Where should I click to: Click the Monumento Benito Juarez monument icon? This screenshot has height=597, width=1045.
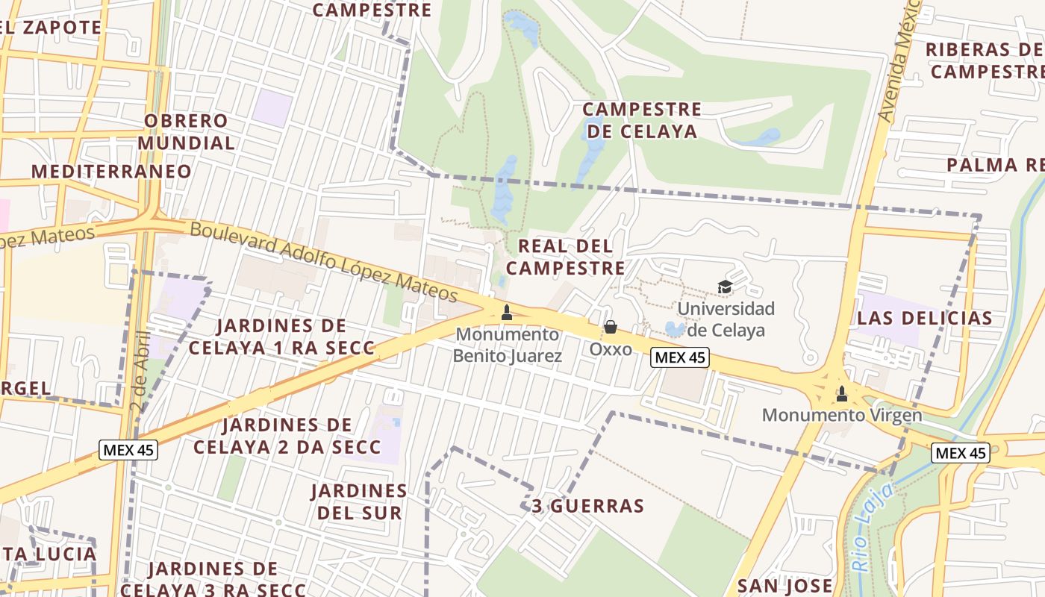(x=507, y=313)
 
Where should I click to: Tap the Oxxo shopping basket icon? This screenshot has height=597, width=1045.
(x=611, y=327)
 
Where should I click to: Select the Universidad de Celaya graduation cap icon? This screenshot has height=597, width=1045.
(x=724, y=287)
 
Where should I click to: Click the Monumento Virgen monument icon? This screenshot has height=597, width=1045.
(x=842, y=393)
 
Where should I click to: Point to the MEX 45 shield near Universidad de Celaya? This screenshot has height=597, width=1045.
(x=679, y=358)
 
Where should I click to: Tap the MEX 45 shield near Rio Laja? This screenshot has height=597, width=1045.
(x=961, y=453)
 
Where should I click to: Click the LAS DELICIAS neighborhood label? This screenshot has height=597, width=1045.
(x=925, y=319)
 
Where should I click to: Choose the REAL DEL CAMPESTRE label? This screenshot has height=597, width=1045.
(x=570, y=257)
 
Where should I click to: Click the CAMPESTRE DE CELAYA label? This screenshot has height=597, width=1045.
(x=642, y=120)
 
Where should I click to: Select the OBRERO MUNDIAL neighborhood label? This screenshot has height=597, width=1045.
(x=187, y=131)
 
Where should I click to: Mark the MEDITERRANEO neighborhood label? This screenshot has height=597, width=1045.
(x=111, y=171)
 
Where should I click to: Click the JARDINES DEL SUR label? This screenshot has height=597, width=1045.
(x=359, y=501)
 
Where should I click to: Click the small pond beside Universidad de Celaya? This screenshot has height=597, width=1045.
(x=675, y=328)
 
